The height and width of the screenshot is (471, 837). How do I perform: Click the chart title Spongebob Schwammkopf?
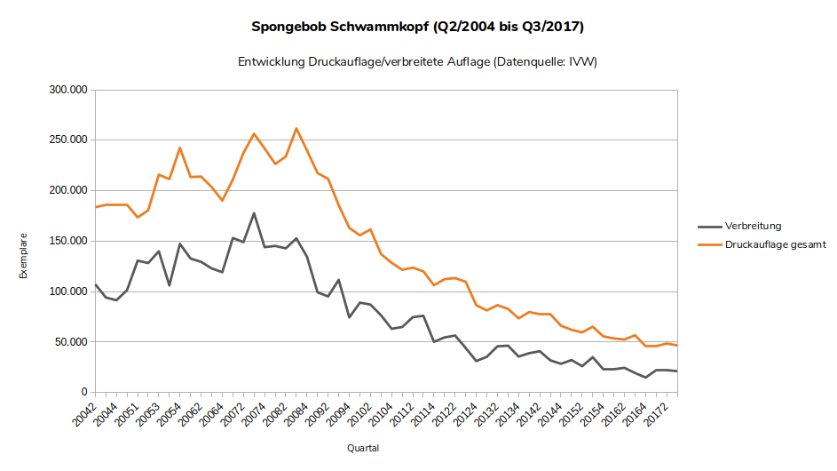[418, 27]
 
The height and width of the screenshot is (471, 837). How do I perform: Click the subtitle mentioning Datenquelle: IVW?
[418, 62]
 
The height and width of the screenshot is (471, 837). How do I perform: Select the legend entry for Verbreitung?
[753, 226]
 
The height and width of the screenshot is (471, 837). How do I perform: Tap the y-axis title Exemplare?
[24, 256]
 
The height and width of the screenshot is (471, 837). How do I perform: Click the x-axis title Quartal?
[363, 448]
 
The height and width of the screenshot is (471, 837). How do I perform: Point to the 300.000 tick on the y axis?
[67, 90]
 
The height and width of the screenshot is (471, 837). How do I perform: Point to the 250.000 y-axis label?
[67, 140]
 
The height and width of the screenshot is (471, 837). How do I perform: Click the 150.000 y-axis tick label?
[67, 241]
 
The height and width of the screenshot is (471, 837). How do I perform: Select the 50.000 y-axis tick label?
[71, 342]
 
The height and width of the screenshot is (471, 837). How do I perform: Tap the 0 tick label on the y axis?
[83, 392]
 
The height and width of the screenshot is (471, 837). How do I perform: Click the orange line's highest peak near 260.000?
[296, 129]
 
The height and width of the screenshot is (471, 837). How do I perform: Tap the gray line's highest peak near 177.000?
[254, 213]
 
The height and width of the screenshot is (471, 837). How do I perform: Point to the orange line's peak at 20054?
[180, 148]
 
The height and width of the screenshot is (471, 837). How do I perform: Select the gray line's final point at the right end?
[677, 371]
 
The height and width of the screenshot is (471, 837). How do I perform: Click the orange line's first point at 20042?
[96, 207]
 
